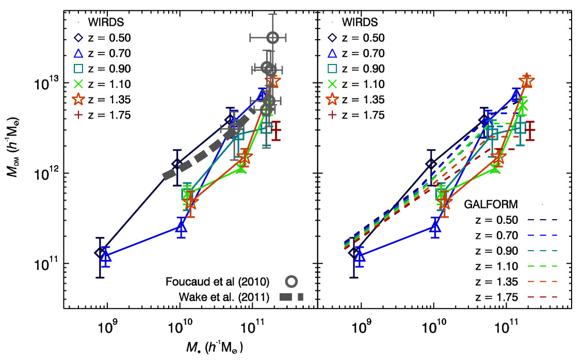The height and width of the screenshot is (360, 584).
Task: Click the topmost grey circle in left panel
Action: [273, 37]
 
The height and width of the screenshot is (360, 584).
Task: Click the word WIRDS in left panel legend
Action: [105, 22]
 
